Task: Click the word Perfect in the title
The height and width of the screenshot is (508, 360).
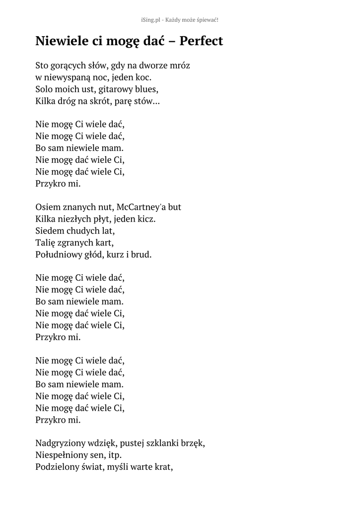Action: pyautogui.click(x=201, y=41)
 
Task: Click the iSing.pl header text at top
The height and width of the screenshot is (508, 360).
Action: pyautogui.click(x=180, y=19)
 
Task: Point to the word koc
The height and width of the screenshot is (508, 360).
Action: pyautogui.click(x=142, y=77)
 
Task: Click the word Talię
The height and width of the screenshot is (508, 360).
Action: pyautogui.click(x=45, y=243)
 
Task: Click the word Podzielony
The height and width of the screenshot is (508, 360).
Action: pyautogui.click(x=58, y=467)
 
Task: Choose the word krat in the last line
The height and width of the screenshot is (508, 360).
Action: pyautogui.click(x=163, y=467)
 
